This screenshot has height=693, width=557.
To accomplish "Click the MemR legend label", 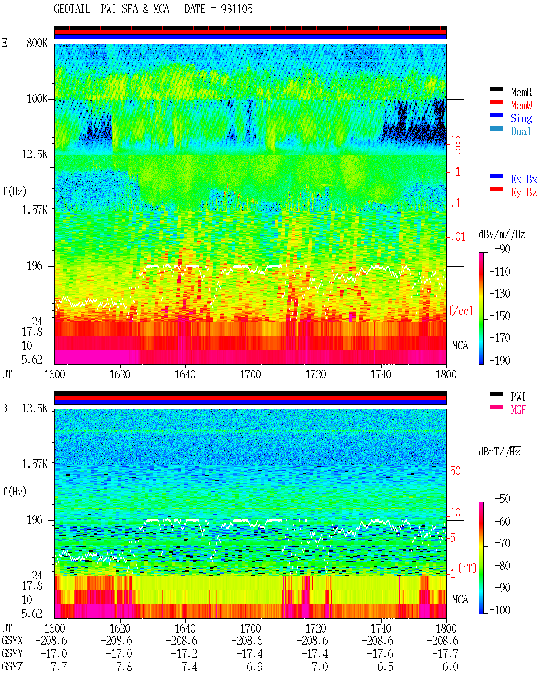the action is coord(521,92).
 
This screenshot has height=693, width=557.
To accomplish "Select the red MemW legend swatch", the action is coord(496,102).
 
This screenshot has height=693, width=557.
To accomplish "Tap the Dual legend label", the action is coord(520,131).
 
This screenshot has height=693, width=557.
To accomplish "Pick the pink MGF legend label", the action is coord(518,410).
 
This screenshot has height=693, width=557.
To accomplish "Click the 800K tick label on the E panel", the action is coord(37,43).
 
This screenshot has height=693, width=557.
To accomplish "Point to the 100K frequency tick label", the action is coord(37,99).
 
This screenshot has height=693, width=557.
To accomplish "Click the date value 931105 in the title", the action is coord(237,9).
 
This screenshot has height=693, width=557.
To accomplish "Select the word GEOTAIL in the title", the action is coord(72,9).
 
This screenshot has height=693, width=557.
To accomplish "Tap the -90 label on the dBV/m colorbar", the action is coord(502,249).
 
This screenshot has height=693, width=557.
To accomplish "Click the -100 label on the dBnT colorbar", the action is coord(500,610).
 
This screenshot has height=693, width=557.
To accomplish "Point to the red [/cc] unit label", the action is coord(461,311).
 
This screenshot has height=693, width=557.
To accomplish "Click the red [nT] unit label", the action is coord(467,568).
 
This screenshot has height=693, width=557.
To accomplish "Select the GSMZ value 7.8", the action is coord(124,666).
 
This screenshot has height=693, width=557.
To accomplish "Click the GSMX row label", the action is coord(12,640).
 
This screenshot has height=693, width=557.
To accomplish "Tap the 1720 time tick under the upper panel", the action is coord(316,375).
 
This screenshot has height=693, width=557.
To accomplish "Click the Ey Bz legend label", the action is coord(524,193).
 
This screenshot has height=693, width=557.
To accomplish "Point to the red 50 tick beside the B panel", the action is coord(455,471).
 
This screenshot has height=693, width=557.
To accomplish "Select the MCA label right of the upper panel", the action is coord(460,345).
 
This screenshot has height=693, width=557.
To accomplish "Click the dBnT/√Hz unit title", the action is coord(500,452).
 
